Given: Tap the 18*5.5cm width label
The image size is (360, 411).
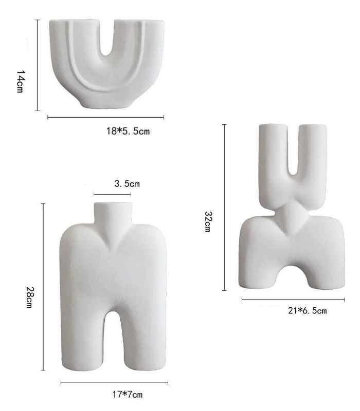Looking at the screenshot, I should [128, 131].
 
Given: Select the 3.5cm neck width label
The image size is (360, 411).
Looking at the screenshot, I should [127, 183].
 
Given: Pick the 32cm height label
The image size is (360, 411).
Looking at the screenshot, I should [207, 221].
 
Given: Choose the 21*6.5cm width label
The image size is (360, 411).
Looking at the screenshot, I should [307, 310].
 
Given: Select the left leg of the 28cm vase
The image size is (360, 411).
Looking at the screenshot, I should [82, 339].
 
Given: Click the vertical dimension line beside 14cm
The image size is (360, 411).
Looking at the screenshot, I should [38, 65].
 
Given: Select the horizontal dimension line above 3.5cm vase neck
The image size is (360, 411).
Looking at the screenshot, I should [112, 194].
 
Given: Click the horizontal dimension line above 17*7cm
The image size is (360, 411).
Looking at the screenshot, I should [114, 383].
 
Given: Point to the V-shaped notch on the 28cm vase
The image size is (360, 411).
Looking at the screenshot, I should [112, 240].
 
